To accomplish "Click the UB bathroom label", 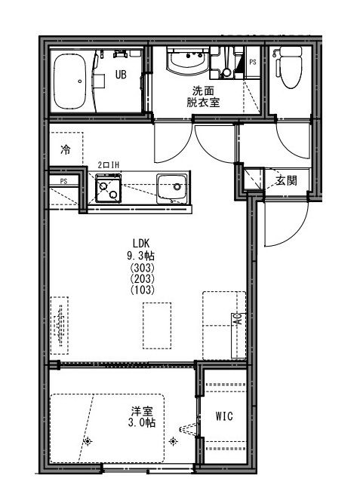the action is tap(121, 75).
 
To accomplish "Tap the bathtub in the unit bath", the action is tap(69, 81).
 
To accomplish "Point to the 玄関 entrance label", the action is tap(286, 181).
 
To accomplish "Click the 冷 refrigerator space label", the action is tap(66, 149).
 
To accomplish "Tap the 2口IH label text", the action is tap(108, 165).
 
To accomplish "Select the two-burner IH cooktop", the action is tap(108, 188).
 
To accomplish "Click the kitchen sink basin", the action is tap(171, 189).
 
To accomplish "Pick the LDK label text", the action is tap(141, 244).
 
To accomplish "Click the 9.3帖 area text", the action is tap(141, 256).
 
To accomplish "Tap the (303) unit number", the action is tap(143, 268).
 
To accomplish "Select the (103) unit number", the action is tap(143, 290).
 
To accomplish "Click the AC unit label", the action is tap(238, 318).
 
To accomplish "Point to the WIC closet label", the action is tap(224, 416).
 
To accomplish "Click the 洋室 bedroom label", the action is tap(142, 412).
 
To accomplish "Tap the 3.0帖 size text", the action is tap(142, 423).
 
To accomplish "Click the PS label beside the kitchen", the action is tap(63, 181).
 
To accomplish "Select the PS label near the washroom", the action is tap(253, 63).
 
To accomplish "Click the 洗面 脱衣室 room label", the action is tap(203, 97).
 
